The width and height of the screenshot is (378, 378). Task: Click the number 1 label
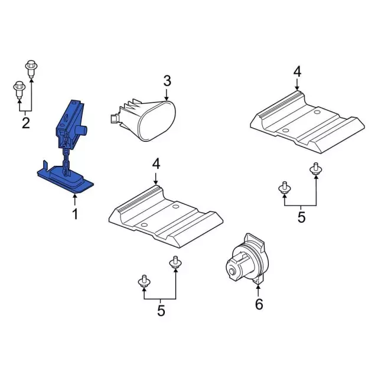click(75, 214)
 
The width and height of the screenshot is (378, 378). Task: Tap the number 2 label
click(25, 123)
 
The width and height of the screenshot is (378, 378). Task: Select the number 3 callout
click(167, 80)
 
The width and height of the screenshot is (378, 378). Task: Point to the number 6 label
click(259, 304)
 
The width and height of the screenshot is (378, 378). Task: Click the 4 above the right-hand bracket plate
click(297, 72)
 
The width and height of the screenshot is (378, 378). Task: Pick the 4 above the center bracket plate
click(156, 164)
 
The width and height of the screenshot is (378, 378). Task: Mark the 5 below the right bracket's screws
click(301, 217)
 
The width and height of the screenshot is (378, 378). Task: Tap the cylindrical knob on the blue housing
click(85, 129)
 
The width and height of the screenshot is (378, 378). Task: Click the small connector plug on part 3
click(112, 118)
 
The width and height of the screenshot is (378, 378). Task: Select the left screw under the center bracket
click(143, 282)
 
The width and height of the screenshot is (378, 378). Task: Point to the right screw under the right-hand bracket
click(315, 169)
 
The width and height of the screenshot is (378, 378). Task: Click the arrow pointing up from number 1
click(75, 198)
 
